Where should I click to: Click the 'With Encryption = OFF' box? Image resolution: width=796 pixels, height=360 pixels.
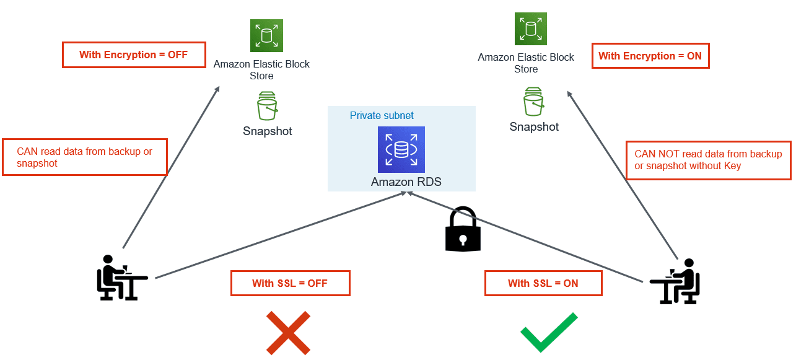[133, 55]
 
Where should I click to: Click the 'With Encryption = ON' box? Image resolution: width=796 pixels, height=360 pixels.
[650, 56]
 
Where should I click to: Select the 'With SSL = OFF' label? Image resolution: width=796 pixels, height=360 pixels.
[290, 283]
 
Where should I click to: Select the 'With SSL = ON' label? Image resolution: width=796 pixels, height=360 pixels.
[543, 283]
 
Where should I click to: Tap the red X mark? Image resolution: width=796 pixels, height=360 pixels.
[288, 332]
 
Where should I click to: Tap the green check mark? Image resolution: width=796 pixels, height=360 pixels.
[548, 331]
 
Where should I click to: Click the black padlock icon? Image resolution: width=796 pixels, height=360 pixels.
[463, 230]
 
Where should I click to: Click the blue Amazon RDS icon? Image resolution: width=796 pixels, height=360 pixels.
[401, 149]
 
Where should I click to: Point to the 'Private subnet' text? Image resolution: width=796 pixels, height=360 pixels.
[382, 115]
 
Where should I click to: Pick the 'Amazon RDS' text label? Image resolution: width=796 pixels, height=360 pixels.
[406, 182]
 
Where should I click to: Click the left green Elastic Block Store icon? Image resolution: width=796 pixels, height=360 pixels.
[266, 35]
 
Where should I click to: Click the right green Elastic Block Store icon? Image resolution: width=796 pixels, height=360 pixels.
[530, 29]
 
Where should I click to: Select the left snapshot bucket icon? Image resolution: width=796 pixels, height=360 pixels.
[267, 106]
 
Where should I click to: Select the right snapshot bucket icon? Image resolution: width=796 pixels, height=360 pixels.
[534, 102]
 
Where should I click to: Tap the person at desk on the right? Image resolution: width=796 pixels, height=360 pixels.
[676, 282]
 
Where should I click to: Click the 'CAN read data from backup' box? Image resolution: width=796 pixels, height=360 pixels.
[84, 157]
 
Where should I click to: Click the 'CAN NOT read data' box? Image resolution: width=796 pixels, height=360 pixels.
[708, 160]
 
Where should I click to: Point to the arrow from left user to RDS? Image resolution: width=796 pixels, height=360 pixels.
[279, 235]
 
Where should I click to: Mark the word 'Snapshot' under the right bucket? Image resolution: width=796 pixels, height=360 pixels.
[534, 127]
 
